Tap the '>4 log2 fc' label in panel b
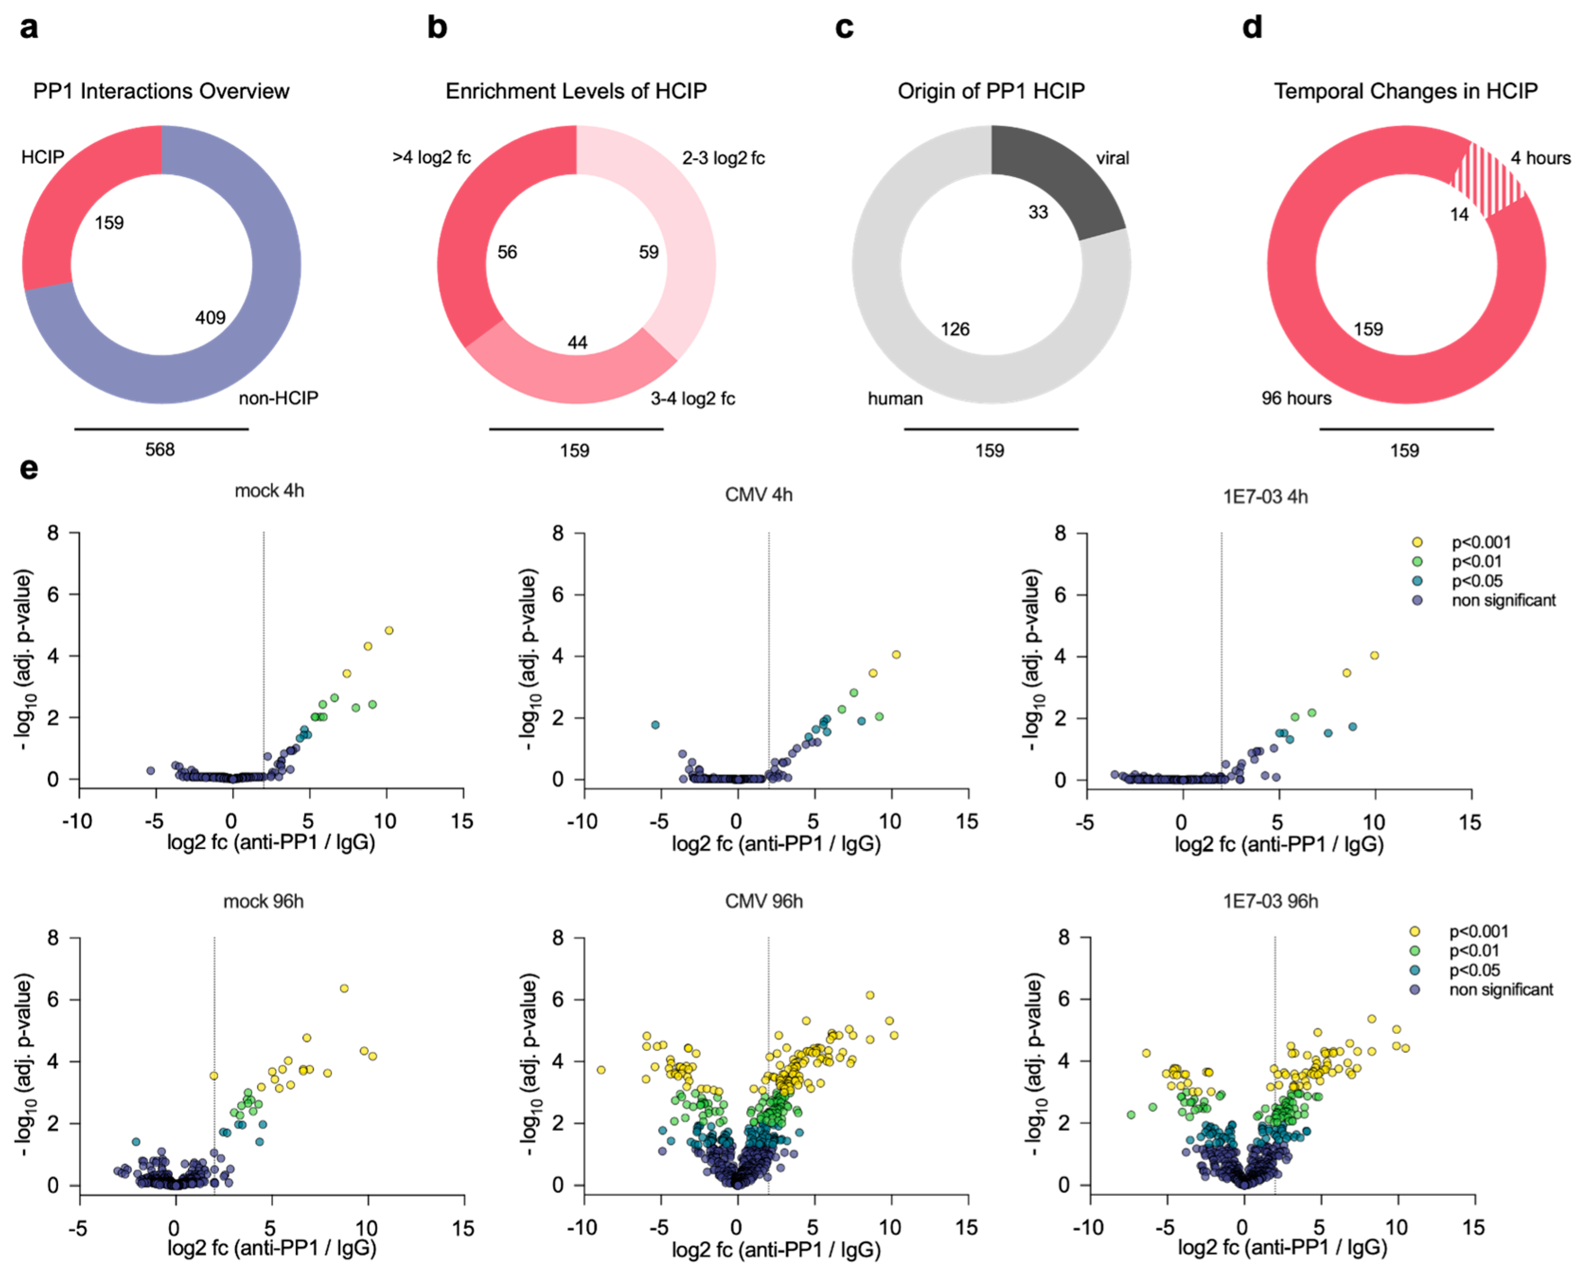tap(431, 158)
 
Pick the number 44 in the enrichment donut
tap(577, 342)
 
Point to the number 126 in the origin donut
tap(955, 329)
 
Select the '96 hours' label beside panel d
tap(1296, 398)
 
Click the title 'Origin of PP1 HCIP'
tap(991, 90)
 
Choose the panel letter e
tap(29, 469)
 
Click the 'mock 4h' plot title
tap(269, 491)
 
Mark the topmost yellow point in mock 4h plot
tap(389, 631)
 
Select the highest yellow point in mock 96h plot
tap(344, 988)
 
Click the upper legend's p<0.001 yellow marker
tap(1418, 542)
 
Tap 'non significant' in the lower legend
tap(1501, 989)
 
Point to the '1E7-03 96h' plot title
tap(1270, 901)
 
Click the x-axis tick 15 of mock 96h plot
tap(463, 1227)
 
